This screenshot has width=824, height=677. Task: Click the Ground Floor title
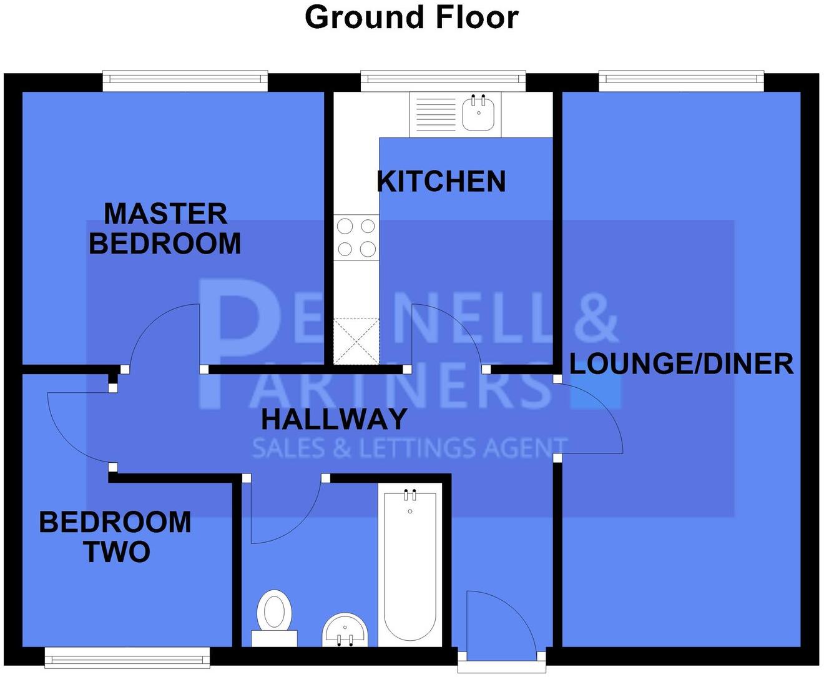click(411, 17)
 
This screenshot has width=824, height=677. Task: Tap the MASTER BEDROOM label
click(165, 229)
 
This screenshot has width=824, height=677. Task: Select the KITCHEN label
click(441, 182)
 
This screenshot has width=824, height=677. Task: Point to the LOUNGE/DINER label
click(681, 364)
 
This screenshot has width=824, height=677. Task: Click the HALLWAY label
click(334, 419)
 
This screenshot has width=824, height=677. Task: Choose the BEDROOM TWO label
click(115, 537)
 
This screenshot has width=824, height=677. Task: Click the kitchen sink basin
click(479, 114)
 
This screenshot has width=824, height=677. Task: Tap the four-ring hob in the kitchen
click(356, 238)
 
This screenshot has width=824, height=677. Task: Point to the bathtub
click(410, 568)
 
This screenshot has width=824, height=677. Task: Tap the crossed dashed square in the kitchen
click(356, 341)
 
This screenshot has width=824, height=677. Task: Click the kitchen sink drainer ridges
click(435, 114)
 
